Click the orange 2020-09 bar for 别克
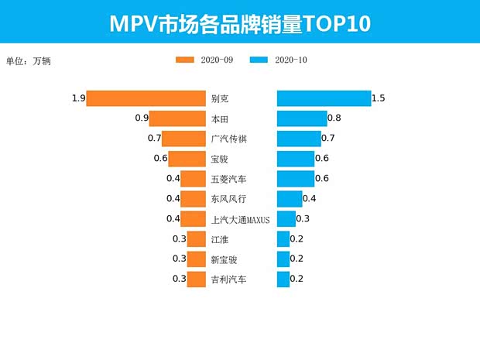(x=146, y=98)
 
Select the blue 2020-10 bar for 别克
(x=324, y=98)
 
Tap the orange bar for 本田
(x=177, y=118)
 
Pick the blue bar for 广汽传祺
(x=299, y=139)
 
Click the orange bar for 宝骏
(x=187, y=159)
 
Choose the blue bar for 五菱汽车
(x=296, y=179)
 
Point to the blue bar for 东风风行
(x=290, y=199)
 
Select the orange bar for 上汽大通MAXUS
(x=193, y=219)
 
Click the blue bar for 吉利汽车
(x=283, y=279)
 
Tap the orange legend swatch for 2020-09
(x=185, y=60)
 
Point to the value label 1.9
(x=77, y=98)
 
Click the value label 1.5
(x=379, y=98)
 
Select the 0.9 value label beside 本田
(x=142, y=118)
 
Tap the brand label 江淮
(x=220, y=239)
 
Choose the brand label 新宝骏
(x=225, y=259)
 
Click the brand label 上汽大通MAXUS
(x=240, y=219)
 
